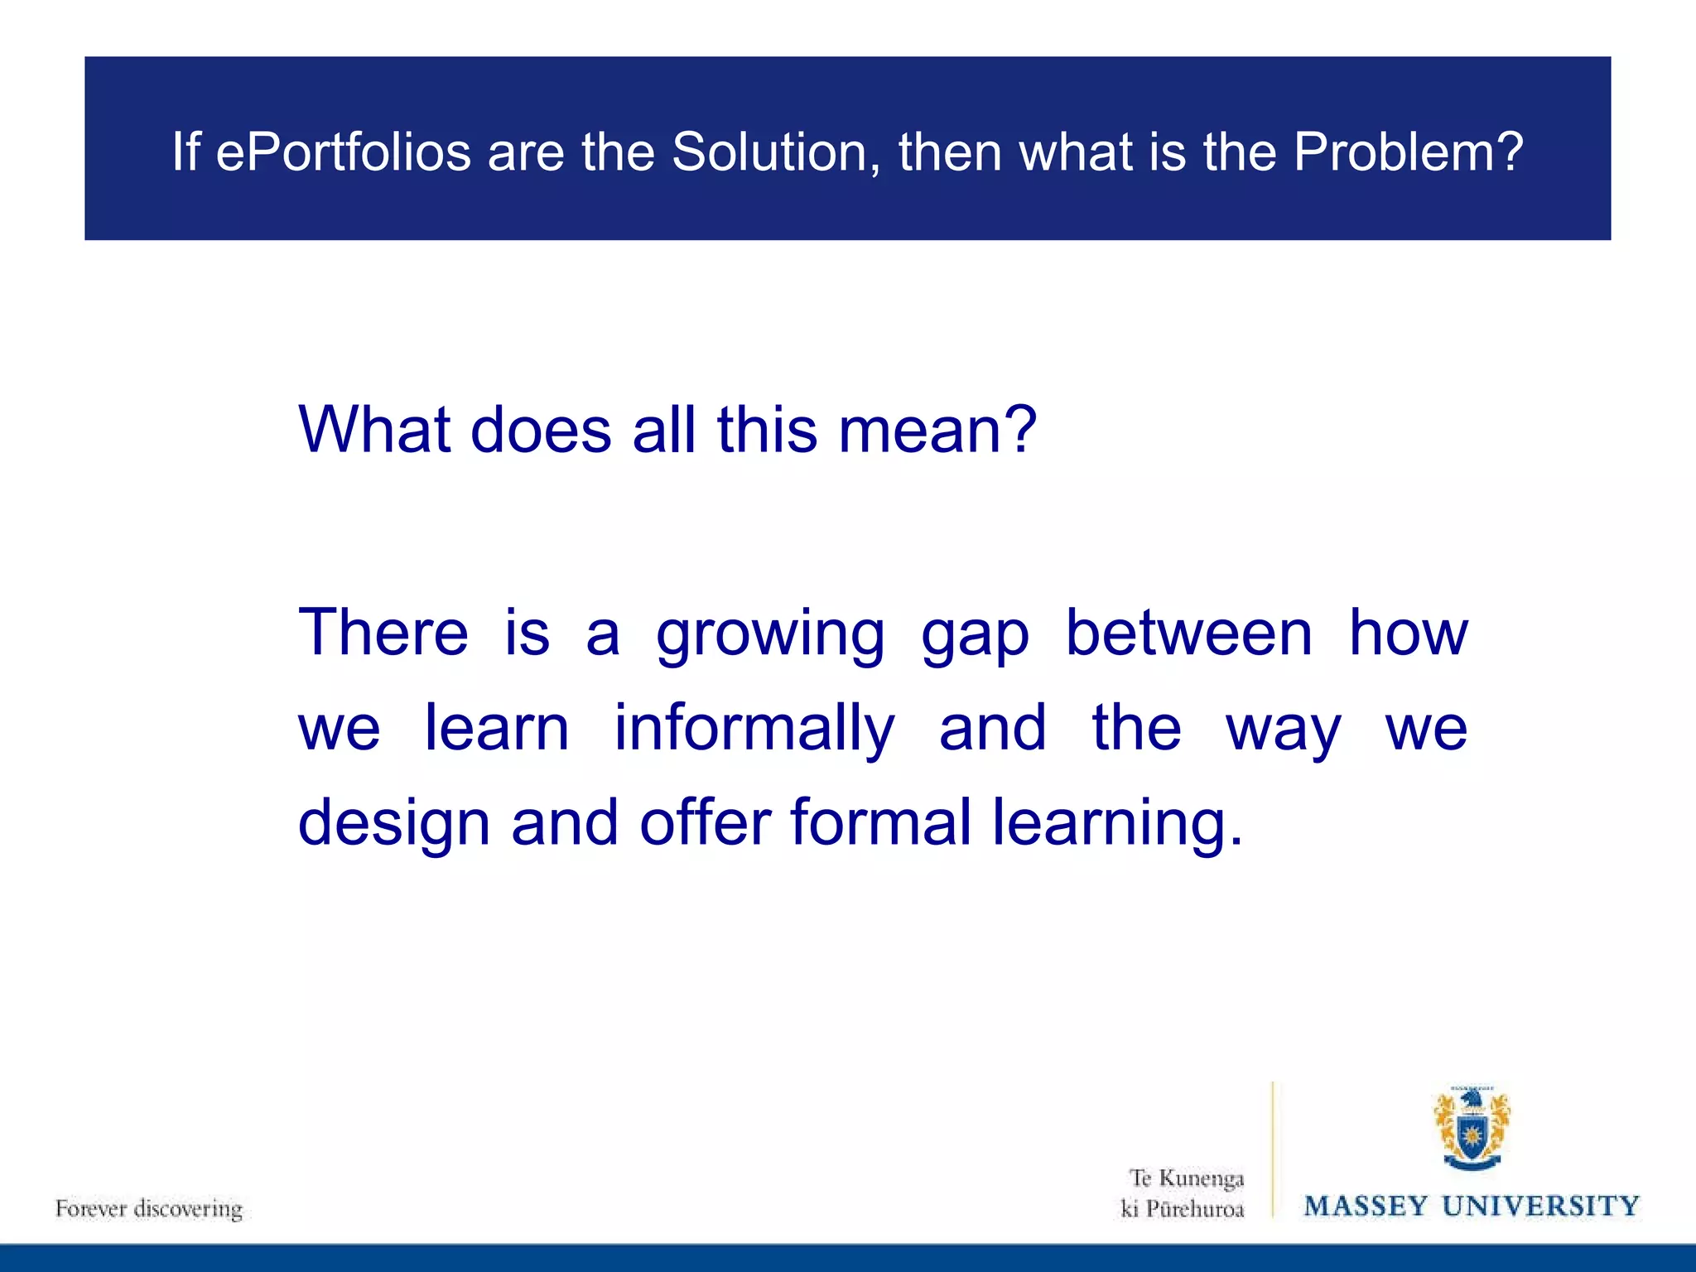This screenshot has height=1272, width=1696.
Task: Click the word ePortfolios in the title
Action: click(343, 152)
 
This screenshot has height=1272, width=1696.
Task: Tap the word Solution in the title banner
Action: click(776, 152)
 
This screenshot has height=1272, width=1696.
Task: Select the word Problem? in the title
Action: click(1408, 152)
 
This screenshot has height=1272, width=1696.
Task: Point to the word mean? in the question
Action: click(937, 430)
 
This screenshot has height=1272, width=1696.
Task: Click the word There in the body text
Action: click(383, 634)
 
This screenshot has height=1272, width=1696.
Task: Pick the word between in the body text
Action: click(1188, 634)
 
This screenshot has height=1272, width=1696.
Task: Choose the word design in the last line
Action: click(394, 825)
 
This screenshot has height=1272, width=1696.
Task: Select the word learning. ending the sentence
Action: click(1118, 825)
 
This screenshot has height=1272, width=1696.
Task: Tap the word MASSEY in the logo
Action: click(1366, 1206)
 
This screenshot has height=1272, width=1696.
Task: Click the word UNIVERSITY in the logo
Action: click(1540, 1206)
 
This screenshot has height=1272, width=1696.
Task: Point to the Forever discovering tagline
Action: click(149, 1209)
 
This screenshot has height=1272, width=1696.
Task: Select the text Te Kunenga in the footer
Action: click(1187, 1178)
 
